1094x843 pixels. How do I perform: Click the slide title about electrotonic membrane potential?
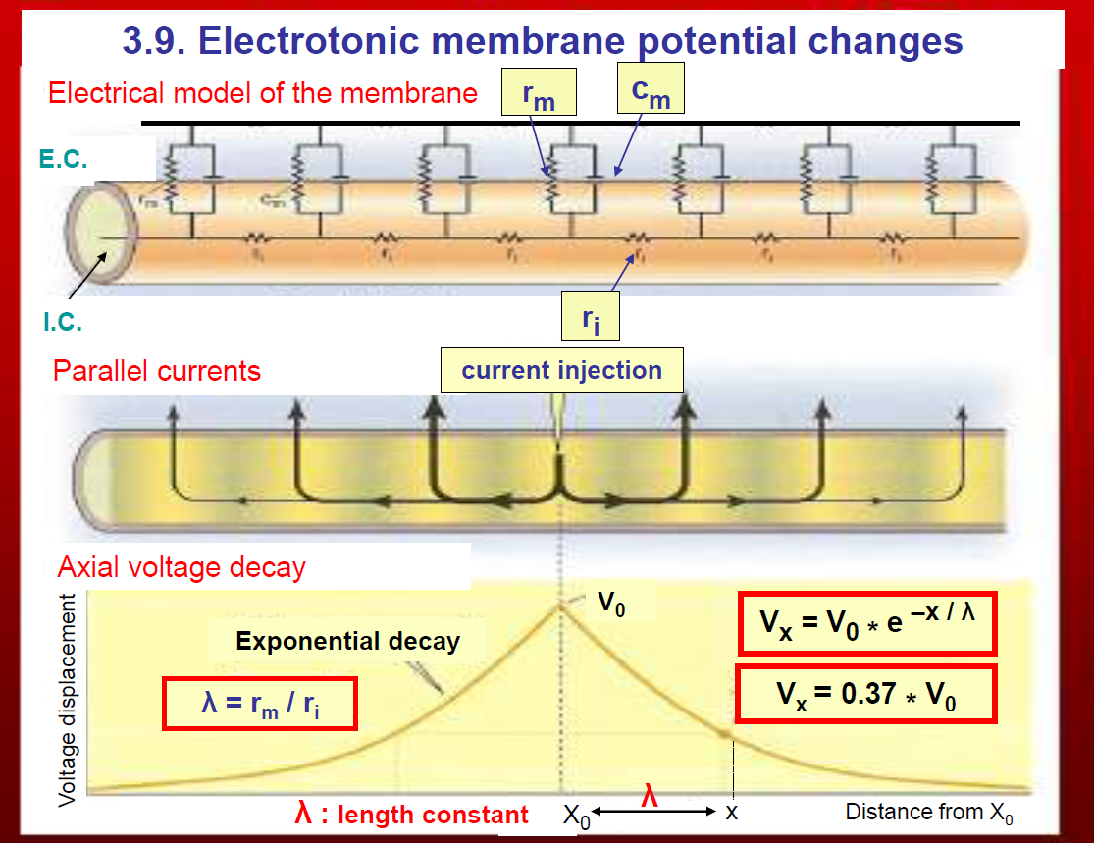pyautogui.click(x=543, y=41)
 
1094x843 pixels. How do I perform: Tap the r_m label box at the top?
pyautogui.click(x=538, y=94)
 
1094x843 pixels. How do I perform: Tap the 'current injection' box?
pyautogui.click(x=561, y=371)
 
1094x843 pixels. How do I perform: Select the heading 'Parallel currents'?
pyautogui.click(x=157, y=371)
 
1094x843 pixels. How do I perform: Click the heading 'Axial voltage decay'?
pyautogui.click(x=182, y=567)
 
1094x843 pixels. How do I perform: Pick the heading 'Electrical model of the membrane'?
pyautogui.click(x=263, y=93)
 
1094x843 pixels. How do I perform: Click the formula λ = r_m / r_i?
pyautogui.click(x=259, y=703)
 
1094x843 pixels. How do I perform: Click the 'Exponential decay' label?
pyautogui.click(x=347, y=642)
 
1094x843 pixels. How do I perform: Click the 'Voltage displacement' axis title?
pyautogui.click(x=68, y=700)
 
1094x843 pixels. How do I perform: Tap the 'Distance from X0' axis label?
pyautogui.click(x=929, y=813)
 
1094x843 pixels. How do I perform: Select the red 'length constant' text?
pyautogui.click(x=411, y=814)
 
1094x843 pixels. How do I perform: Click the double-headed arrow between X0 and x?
pyautogui.click(x=654, y=813)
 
